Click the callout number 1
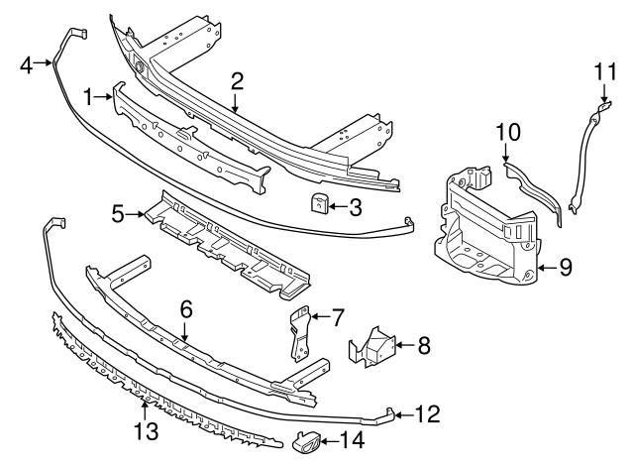click(90, 96)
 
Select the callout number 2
click(237, 81)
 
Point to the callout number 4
click(27, 65)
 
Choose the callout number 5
click(118, 212)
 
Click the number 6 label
click(184, 311)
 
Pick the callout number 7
click(337, 318)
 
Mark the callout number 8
click(424, 346)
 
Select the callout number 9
click(566, 266)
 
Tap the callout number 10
click(507, 132)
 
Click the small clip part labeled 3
click(318, 204)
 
